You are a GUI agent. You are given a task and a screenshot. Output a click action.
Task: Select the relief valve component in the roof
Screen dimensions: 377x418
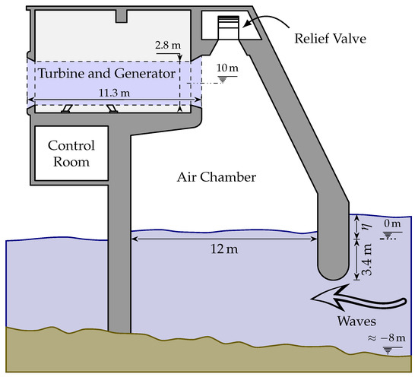[228, 27]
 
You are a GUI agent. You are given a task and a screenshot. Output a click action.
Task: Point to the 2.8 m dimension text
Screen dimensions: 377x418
[165, 46]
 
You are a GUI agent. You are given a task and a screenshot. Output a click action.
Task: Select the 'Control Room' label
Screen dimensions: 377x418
[69, 153]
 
